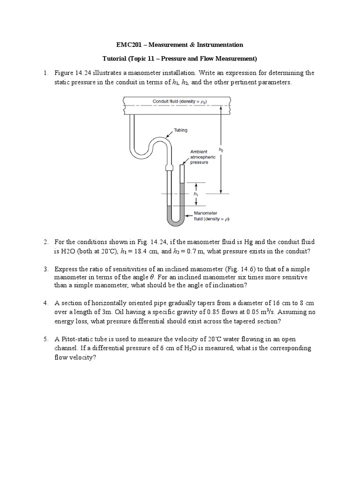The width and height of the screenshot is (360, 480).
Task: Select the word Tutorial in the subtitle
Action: [116, 59]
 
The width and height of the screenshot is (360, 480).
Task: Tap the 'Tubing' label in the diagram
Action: [180, 130]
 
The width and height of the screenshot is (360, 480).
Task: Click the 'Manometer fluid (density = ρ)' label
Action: [211, 216]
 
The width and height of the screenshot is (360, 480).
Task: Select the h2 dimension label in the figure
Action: [222, 150]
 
